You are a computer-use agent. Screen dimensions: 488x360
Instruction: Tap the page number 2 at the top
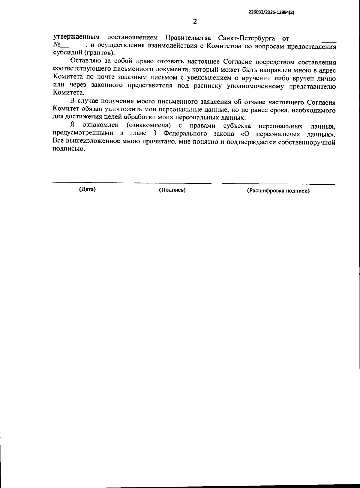click(195, 22)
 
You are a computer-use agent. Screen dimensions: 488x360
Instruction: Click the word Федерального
click(186, 134)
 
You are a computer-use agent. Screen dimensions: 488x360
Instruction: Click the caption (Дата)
click(87, 189)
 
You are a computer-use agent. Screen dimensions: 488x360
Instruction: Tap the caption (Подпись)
click(172, 190)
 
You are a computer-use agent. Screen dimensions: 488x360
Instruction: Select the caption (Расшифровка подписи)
click(278, 191)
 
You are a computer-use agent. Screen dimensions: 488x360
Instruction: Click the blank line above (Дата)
click(87, 182)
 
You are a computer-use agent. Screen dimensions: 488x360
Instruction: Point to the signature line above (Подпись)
click(172, 183)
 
